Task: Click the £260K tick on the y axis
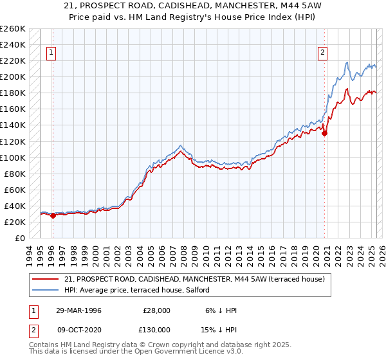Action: click(13, 29)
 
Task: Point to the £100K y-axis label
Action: click(13, 157)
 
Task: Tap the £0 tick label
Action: click(19, 238)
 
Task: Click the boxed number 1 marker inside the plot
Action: click(51, 53)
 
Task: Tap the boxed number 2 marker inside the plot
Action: click(322, 53)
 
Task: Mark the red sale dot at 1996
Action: click(53, 215)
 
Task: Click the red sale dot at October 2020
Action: click(325, 134)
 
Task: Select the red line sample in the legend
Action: click(46, 280)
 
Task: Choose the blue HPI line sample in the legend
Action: click(46, 290)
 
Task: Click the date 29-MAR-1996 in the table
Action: click(80, 310)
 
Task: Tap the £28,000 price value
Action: click(156, 310)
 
